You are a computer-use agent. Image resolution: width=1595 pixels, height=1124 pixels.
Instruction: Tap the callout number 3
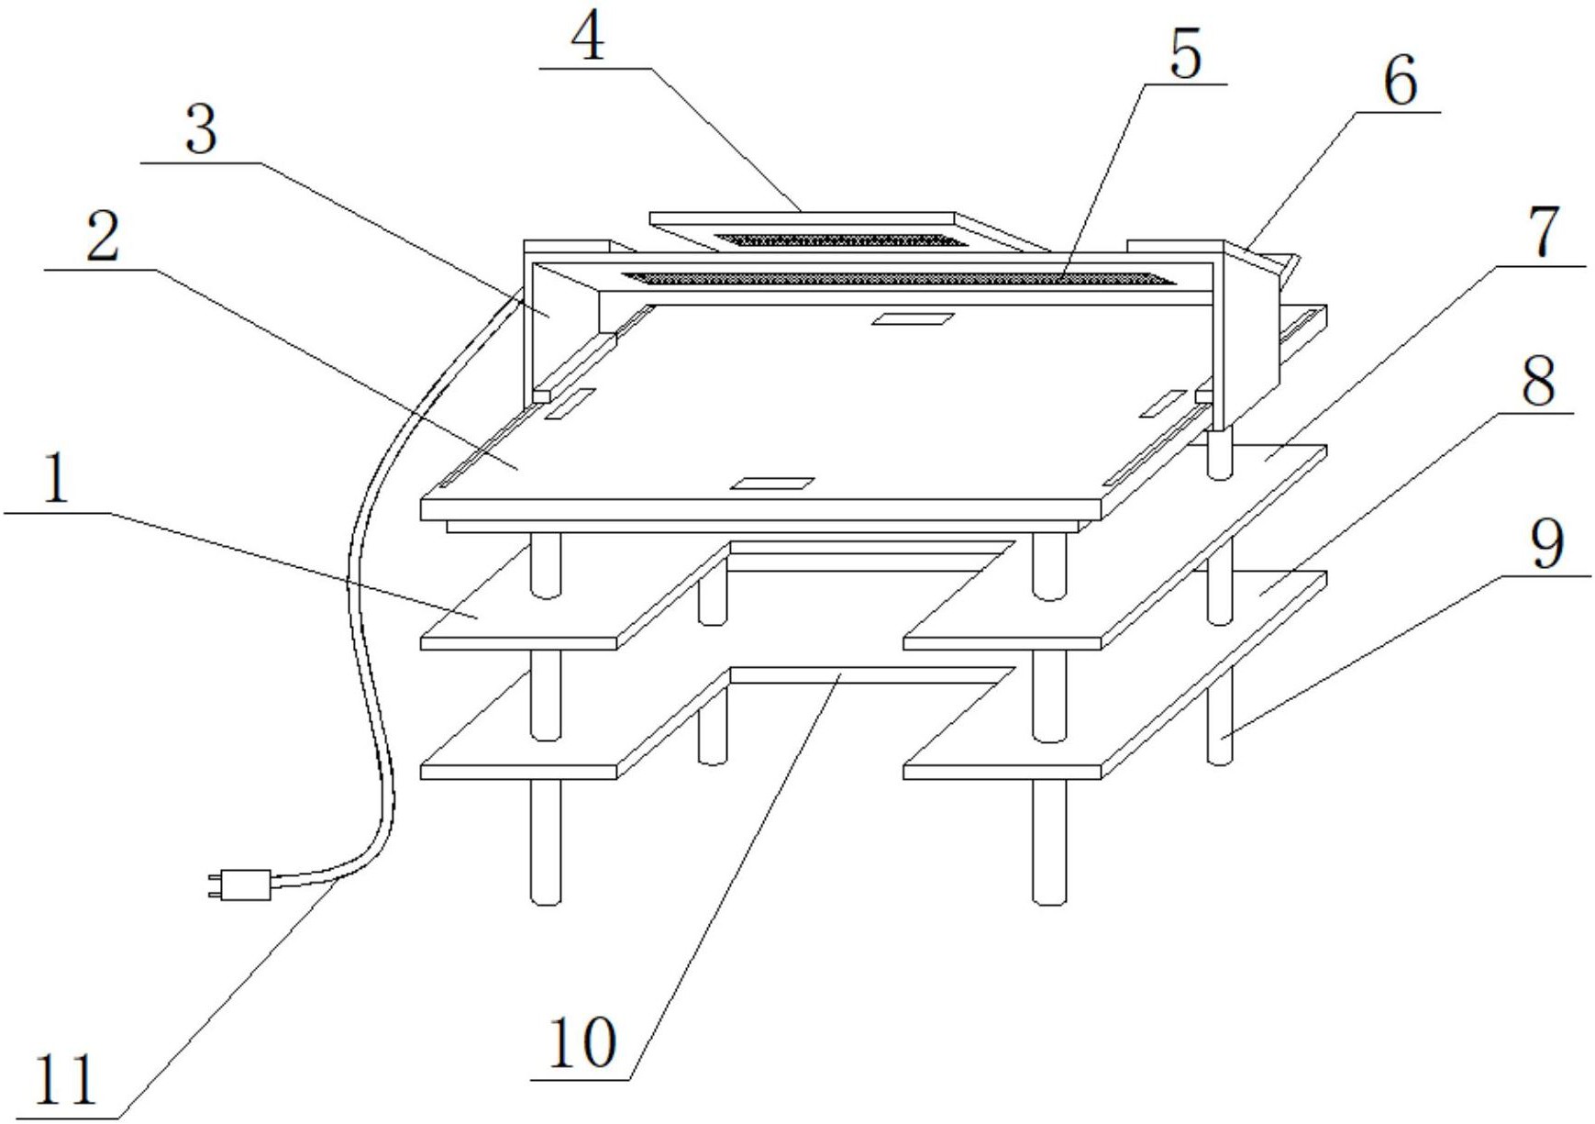[x=202, y=129]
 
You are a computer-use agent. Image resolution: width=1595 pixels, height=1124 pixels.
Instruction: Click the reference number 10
[x=582, y=1044]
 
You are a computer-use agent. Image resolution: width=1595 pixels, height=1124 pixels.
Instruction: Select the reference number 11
[x=65, y=1081]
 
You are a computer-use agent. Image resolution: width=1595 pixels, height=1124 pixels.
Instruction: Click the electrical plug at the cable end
[x=240, y=885]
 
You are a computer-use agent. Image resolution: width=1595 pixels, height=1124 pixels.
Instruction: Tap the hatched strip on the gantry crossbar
[x=897, y=278]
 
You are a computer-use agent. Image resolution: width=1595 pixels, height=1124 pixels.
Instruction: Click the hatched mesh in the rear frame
[x=840, y=241]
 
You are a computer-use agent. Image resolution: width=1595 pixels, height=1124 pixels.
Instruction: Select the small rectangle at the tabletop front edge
[x=772, y=483]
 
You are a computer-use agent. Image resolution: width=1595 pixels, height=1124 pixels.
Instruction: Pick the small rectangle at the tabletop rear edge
[x=913, y=318]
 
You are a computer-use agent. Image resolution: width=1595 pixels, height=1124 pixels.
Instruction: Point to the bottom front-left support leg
[x=546, y=842]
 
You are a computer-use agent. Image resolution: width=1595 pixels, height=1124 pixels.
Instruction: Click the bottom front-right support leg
[x=1049, y=842]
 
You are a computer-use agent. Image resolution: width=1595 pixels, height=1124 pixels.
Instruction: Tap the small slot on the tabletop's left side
[x=570, y=404]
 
